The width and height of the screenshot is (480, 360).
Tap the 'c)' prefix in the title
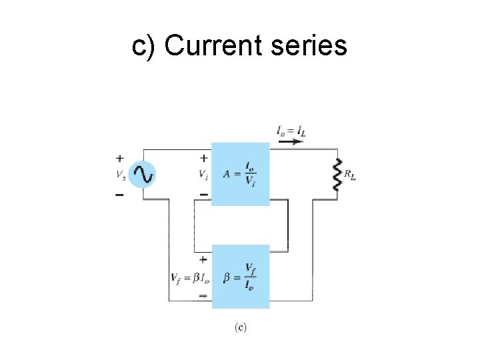tap(144, 47)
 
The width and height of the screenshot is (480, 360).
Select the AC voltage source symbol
tap(142, 175)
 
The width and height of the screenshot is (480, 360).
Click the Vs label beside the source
tap(119, 175)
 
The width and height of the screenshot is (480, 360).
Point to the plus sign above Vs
tap(119, 159)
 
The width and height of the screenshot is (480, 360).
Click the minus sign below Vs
tap(119, 194)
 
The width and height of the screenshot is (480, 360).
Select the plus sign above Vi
tap(203, 159)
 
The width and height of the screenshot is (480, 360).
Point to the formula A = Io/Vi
tap(240, 174)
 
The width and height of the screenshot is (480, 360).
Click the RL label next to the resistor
tap(349, 175)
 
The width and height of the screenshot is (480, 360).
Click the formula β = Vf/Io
tap(240, 277)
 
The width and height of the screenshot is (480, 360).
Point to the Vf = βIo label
tap(189, 277)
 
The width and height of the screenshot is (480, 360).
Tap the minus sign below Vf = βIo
tap(203, 295)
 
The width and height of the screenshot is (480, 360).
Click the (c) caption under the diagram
tap(241, 327)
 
